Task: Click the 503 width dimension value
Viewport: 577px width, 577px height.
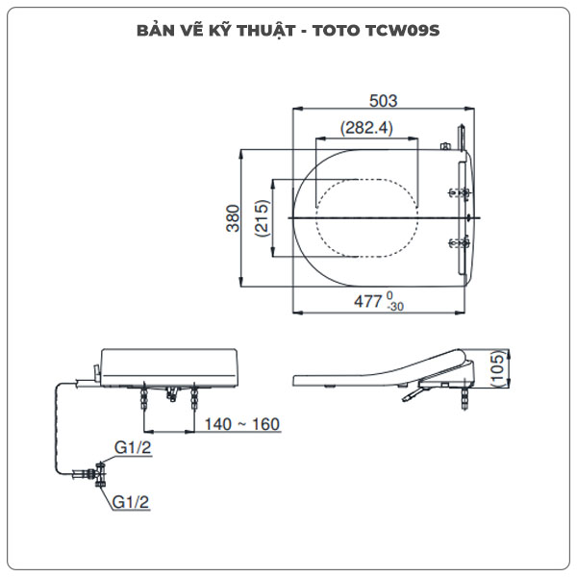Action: tap(382, 100)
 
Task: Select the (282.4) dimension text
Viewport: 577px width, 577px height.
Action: tap(366, 128)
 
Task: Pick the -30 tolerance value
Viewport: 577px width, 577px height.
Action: tap(393, 307)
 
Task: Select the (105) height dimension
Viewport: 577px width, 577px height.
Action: tap(497, 368)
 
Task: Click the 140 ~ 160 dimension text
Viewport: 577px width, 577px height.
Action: tap(241, 423)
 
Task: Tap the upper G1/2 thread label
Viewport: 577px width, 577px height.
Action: tap(133, 447)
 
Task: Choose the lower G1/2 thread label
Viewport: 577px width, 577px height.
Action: tap(131, 501)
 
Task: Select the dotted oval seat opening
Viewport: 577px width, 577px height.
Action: tap(368, 218)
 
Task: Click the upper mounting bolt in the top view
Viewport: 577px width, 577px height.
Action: tap(463, 195)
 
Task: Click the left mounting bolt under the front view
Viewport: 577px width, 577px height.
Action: tap(145, 396)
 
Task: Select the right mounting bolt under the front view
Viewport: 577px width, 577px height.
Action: tap(196, 396)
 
